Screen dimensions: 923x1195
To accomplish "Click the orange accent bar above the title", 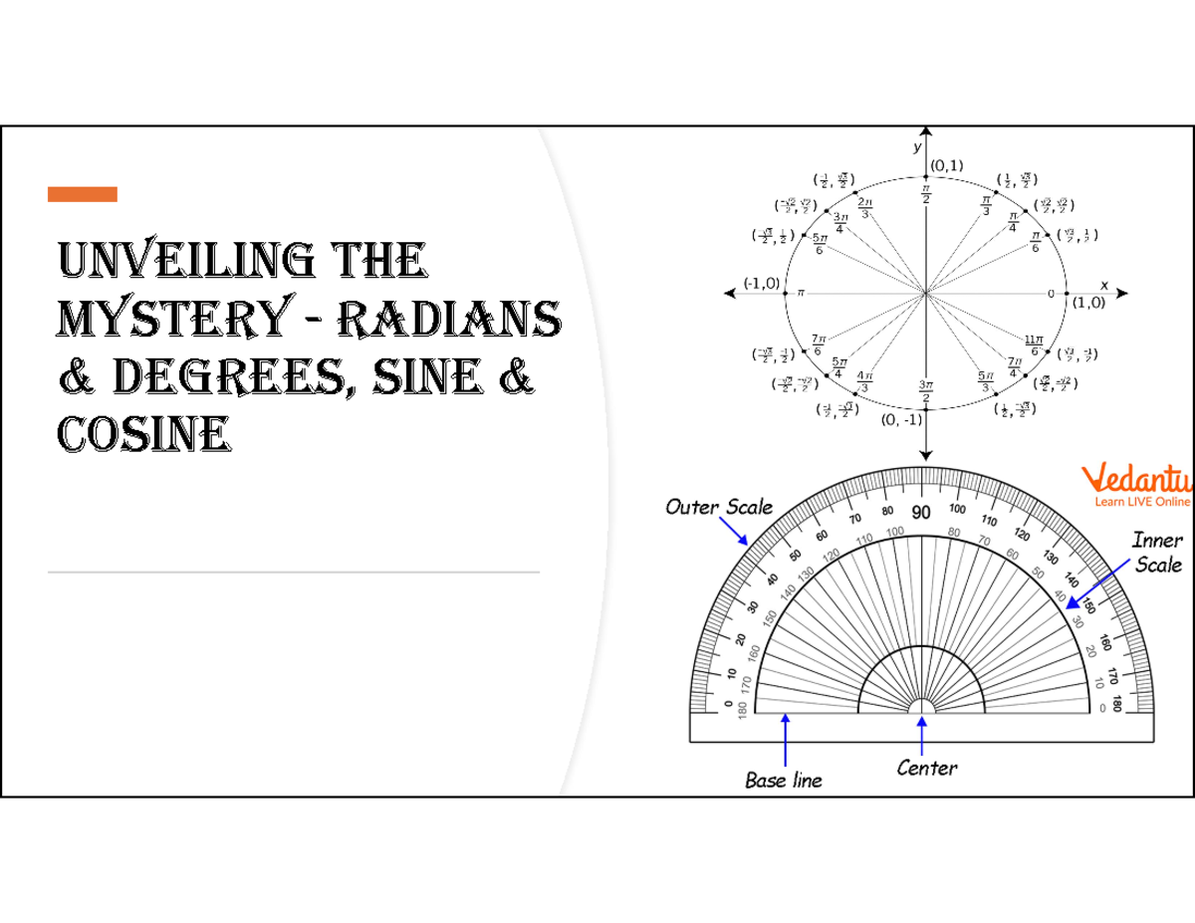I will click(82, 194).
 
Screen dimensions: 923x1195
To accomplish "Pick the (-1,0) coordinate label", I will click(760, 283).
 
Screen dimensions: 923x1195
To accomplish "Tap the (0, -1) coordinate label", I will click(902, 420).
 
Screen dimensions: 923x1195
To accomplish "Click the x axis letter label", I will click(1103, 285).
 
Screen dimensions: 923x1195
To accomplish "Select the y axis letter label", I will click(917, 146).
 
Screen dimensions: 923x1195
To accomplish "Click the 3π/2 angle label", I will click(926, 392).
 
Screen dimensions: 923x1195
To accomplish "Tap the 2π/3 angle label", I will click(865, 207).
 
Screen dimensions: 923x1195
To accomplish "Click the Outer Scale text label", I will click(719, 507).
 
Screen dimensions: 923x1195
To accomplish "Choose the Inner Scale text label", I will click(1158, 553).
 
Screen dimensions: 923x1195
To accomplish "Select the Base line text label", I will click(784, 781).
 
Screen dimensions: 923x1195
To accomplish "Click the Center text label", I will click(927, 768).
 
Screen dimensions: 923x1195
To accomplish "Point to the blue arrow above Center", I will click(922, 736).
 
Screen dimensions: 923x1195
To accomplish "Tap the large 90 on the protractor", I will click(921, 514).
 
